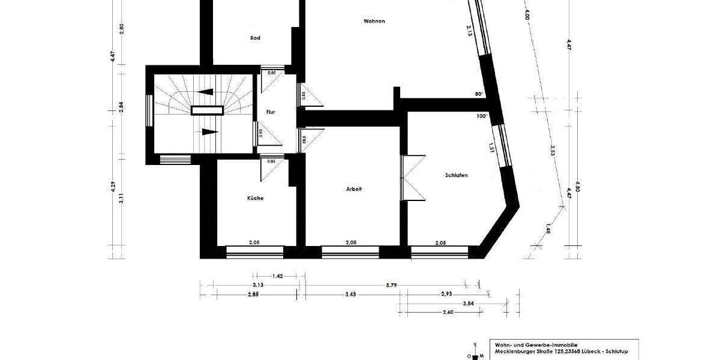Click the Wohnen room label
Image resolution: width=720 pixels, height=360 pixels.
click(374, 21)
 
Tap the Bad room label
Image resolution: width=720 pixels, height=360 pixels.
click(255, 38)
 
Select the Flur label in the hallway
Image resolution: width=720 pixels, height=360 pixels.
click(271, 112)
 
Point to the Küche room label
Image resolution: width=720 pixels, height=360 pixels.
click(255, 198)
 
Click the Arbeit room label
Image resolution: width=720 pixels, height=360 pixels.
click(354, 189)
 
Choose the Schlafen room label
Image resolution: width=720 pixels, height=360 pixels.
click(456, 175)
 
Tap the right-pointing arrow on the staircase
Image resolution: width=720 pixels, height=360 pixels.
click(208, 131)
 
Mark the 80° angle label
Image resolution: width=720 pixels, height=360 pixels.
click(479, 94)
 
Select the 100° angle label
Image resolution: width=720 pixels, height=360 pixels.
click(482, 116)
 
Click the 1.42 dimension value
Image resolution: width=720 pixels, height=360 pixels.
click(277, 276)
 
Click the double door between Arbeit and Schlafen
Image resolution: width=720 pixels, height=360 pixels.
click(413, 178)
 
